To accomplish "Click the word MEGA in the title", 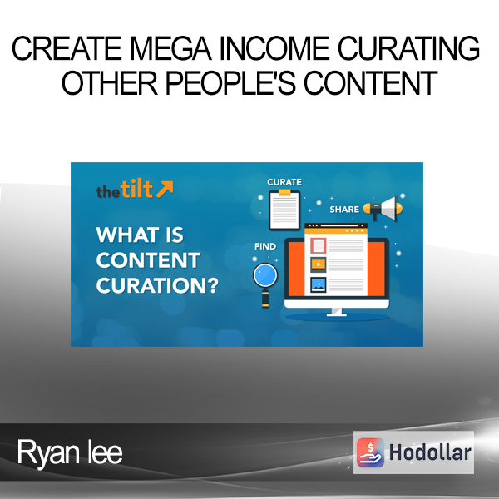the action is tap(170, 48).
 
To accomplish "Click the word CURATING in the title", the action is tap(408, 48).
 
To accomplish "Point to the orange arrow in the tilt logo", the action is tap(165, 189).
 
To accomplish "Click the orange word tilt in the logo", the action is tap(136, 189).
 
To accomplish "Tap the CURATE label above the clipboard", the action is tap(284, 182).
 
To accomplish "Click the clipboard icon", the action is tap(284, 210).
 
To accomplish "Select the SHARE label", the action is tap(344, 209).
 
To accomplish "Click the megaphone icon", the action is tap(383, 208).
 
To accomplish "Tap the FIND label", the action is tap(265, 246).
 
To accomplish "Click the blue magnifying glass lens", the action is tap(265, 275).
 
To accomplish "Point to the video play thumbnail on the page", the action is tap(319, 264).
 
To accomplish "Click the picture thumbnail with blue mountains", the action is tap(319, 284).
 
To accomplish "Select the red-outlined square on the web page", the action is tap(319, 245).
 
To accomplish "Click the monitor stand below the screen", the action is tap(337, 312).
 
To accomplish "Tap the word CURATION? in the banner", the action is tap(157, 285).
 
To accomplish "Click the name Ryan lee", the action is tap(70, 452).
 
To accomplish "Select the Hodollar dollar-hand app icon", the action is tap(370, 452).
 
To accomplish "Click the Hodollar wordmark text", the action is tap(430, 452).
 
